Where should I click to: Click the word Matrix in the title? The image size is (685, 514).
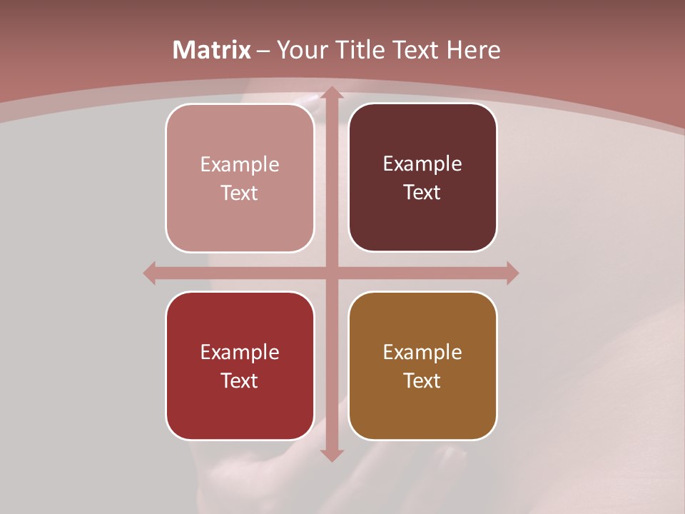(x=212, y=50)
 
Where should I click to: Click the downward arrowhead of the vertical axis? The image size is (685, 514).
(x=331, y=455)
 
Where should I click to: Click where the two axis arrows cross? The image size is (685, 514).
(x=331, y=273)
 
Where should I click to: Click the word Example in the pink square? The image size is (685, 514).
(x=240, y=165)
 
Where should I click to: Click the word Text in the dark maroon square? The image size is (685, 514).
(x=422, y=193)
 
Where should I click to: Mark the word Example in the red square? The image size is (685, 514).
(x=240, y=353)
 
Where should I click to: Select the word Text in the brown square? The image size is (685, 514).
(x=422, y=381)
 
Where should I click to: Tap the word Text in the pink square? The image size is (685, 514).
(x=240, y=193)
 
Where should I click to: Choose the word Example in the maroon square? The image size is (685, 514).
(x=422, y=164)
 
